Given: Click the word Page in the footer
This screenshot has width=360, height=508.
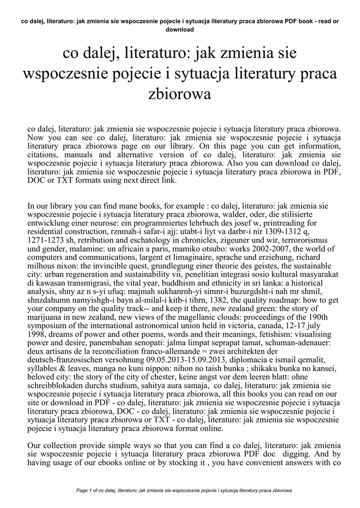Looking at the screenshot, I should coord(82,491).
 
